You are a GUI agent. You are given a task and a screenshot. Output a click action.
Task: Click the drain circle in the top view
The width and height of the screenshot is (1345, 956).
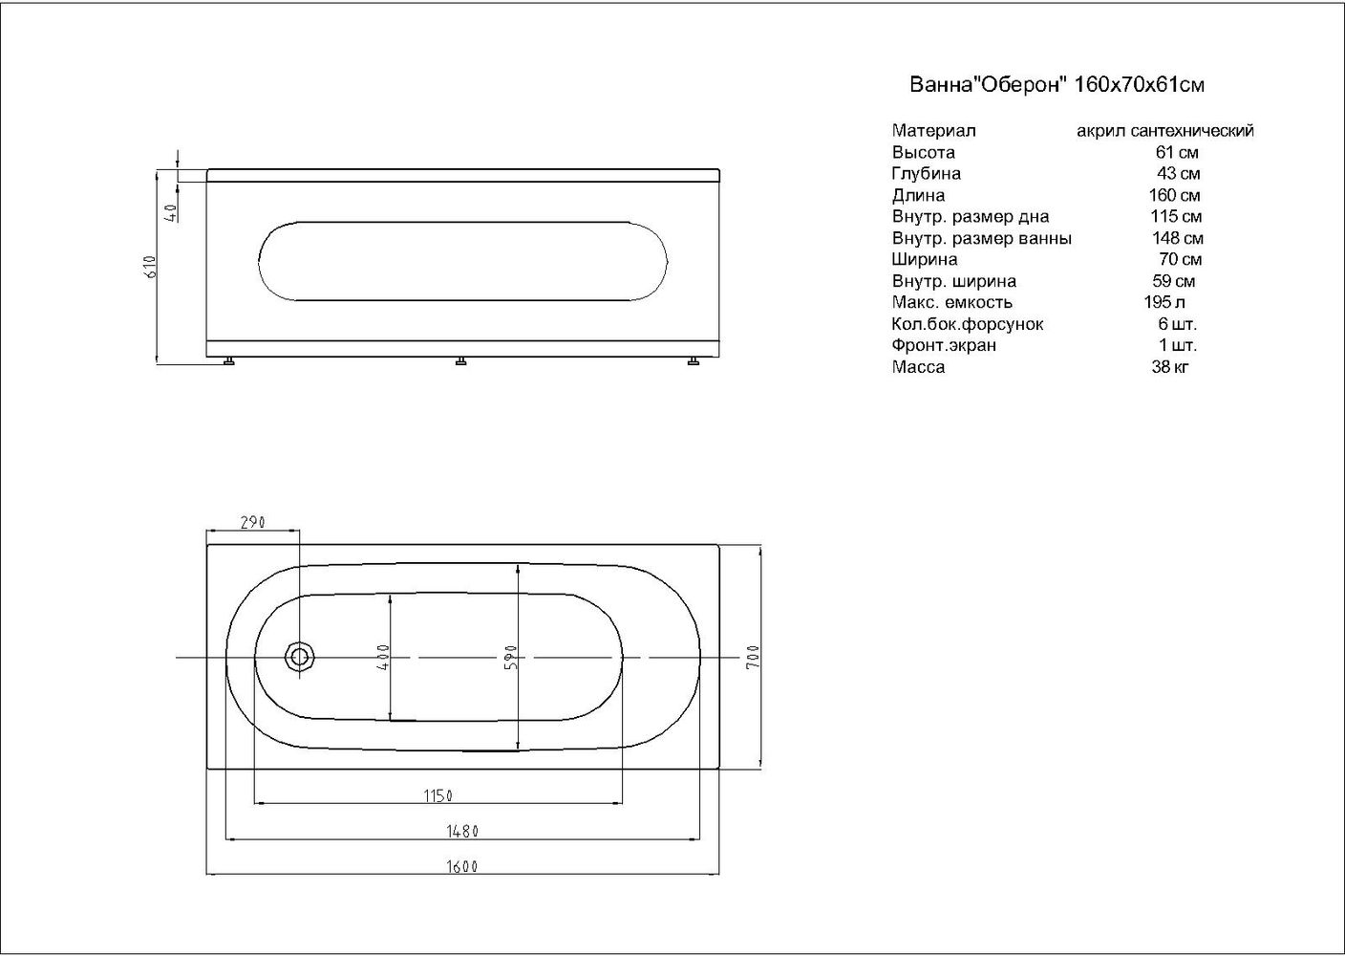click(x=300, y=657)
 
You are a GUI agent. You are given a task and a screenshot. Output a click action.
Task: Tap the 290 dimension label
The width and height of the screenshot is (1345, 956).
click(x=252, y=523)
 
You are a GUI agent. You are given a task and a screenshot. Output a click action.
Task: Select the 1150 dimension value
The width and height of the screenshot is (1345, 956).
click(x=438, y=795)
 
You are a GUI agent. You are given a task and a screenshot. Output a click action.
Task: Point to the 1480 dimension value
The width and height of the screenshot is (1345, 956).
click(x=463, y=831)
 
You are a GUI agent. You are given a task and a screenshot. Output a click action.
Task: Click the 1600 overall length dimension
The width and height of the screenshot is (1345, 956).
click(x=461, y=867)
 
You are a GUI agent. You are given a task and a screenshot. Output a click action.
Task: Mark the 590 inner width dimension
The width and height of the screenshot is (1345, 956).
click(x=511, y=657)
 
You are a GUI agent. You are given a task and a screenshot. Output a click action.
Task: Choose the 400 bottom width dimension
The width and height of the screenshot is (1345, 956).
click(x=384, y=657)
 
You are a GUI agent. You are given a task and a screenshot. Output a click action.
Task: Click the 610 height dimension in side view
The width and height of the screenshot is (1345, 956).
click(x=149, y=266)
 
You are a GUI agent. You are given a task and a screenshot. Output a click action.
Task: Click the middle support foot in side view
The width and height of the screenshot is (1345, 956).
click(x=461, y=361)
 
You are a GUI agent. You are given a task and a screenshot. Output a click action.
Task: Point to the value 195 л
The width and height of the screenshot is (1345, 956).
click(x=1158, y=302)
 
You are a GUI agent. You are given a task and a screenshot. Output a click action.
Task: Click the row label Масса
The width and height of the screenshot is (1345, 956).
click(x=918, y=367)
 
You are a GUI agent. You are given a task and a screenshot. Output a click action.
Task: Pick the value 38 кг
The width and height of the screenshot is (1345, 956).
click(x=1170, y=367)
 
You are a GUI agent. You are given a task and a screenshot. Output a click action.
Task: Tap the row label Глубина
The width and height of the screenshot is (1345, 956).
click(x=926, y=174)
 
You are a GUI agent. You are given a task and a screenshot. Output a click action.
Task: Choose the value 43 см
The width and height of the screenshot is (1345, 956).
click(x=1178, y=174)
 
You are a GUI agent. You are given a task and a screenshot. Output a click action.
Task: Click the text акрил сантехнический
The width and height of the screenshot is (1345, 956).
click(x=1164, y=131)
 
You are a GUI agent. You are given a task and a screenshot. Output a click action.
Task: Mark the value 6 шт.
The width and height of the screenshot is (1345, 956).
click(x=1176, y=324)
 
